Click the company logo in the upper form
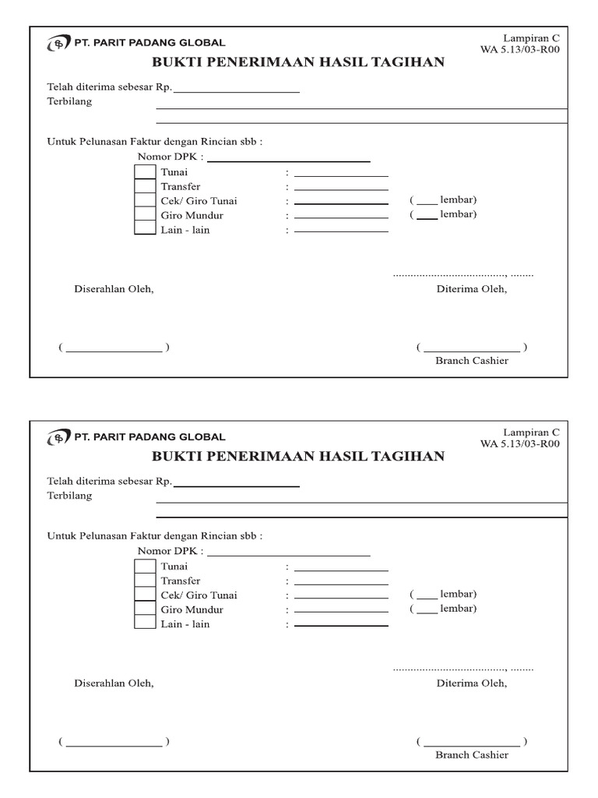(x=58, y=44)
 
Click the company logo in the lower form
(x=58, y=438)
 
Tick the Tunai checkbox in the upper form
(x=146, y=172)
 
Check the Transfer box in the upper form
(x=146, y=186)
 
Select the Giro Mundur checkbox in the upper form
(x=146, y=214)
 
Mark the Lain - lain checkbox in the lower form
(x=146, y=623)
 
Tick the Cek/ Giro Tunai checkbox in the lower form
(x=146, y=595)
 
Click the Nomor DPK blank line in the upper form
(x=288, y=161)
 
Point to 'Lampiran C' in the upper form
(x=531, y=37)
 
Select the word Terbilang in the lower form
(x=69, y=496)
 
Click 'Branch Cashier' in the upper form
(x=472, y=361)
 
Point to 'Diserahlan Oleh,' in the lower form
(x=114, y=683)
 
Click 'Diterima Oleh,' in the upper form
(x=472, y=289)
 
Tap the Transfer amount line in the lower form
(x=341, y=583)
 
